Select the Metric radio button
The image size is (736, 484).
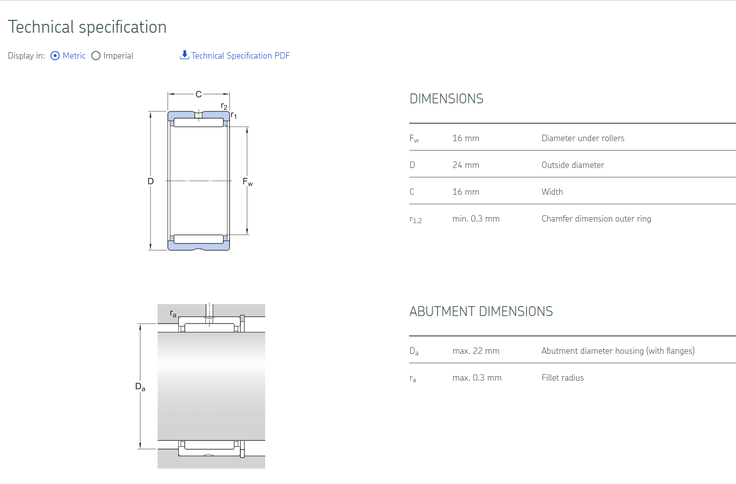pyautogui.click(x=55, y=56)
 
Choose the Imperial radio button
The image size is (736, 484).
pyautogui.click(x=96, y=56)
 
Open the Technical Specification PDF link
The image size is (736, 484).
pyautogui.click(x=240, y=56)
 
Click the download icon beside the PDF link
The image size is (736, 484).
pyautogui.click(x=184, y=55)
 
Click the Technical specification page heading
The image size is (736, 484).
pyautogui.click(x=87, y=27)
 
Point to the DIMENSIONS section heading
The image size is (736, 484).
pyautogui.click(x=446, y=99)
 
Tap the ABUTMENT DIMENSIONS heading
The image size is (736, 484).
pyautogui.click(x=481, y=312)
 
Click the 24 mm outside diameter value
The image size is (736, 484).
pyautogui.click(x=465, y=165)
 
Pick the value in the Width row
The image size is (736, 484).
pyautogui.click(x=465, y=192)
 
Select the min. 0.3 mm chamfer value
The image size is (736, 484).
pyautogui.click(x=476, y=219)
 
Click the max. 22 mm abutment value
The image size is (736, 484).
pyautogui.click(x=476, y=351)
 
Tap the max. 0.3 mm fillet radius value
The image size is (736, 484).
pyautogui.click(x=477, y=378)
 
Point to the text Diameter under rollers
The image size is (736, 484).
pyautogui.click(x=583, y=138)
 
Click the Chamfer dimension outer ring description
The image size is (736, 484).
pyautogui.click(x=596, y=219)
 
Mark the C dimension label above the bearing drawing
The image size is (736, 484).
pyautogui.click(x=199, y=95)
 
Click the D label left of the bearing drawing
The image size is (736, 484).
pyautogui.click(x=150, y=181)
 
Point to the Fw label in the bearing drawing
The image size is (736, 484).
pyautogui.click(x=247, y=182)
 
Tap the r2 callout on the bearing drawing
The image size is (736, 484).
pyautogui.click(x=224, y=106)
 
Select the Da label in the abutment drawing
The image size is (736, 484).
pyautogui.click(x=141, y=387)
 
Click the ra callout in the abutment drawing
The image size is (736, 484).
pyautogui.click(x=173, y=314)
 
